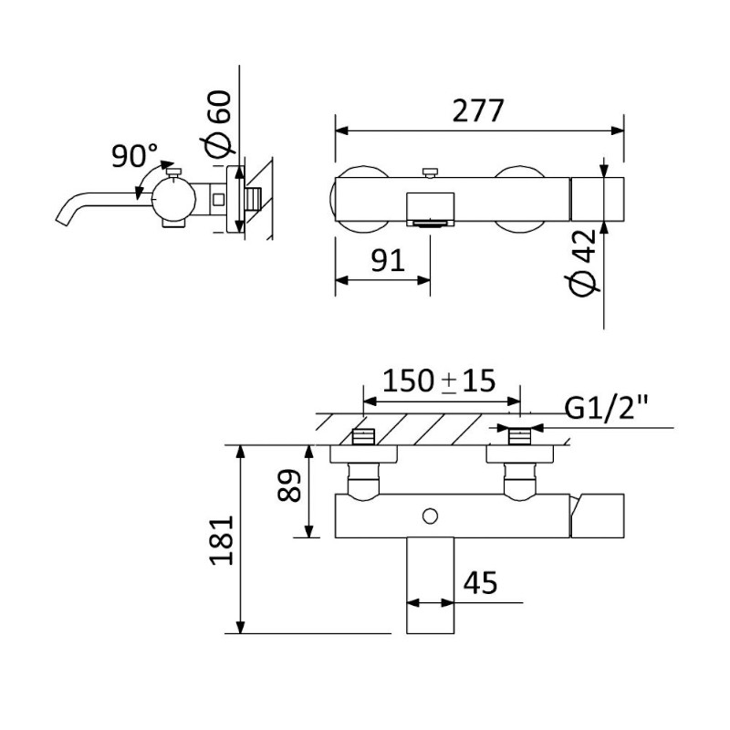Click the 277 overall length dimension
478,110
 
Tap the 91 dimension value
387,260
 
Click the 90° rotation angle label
134,154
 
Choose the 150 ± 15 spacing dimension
439,381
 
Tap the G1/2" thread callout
606,407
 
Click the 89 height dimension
288,485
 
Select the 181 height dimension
222,540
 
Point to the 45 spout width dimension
481,582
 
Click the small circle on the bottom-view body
430,516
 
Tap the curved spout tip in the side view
62,219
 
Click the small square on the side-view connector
218,199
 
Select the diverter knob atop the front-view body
430,173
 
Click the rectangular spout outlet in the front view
430,210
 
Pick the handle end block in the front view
598,199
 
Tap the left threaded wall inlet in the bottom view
363,437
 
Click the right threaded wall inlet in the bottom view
519,437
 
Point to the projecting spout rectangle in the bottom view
430,586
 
